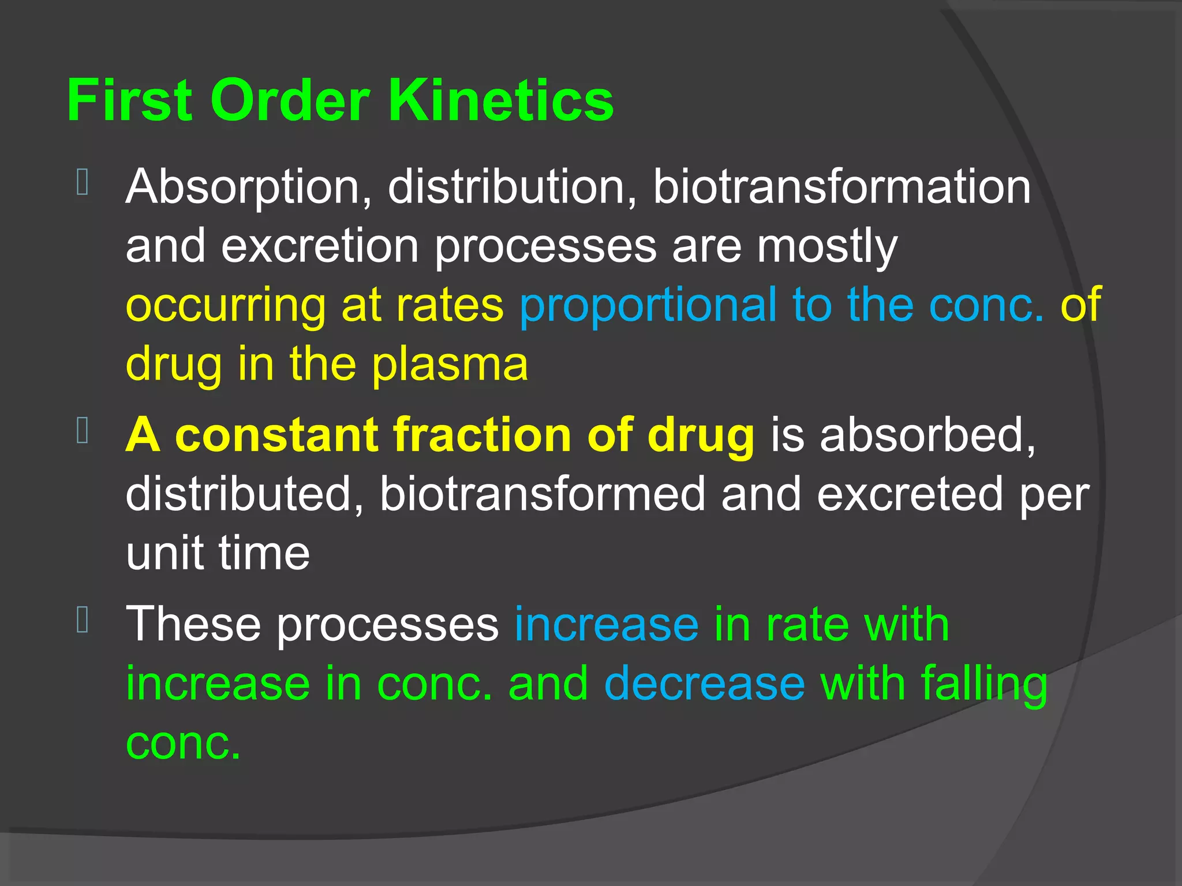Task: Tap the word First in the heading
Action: coord(129,100)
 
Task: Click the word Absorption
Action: coord(249,187)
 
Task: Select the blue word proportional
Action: coord(648,306)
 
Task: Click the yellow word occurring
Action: coord(226,306)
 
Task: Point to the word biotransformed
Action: coord(543,494)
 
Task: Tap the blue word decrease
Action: coord(704,684)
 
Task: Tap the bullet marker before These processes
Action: coord(82,620)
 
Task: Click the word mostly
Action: coord(827,247)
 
